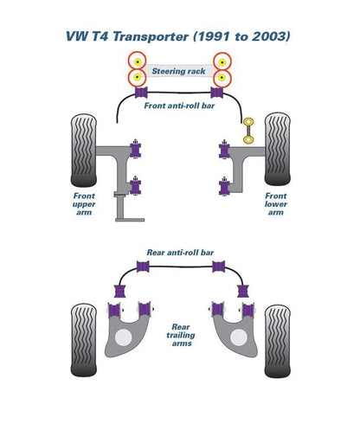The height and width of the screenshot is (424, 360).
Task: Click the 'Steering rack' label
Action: pos(178,71)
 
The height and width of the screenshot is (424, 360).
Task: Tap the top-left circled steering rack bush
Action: pos(138,61)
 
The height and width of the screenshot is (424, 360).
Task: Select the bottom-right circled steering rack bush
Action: pos(222,78)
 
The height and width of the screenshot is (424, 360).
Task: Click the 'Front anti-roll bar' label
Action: pos(179,106)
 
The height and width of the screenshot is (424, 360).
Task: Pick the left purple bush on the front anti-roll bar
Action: pos(141,93)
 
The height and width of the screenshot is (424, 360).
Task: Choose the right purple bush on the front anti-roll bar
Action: pos(217,93)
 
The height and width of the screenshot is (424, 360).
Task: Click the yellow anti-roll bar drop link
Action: pos(248,131)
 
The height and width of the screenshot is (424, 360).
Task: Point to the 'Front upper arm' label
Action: pos(84,204)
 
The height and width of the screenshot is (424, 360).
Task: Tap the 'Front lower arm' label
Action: pos(276,204)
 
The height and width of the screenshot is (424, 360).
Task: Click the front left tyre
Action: pos(84,151)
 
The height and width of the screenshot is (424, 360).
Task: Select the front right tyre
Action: pos(277,149)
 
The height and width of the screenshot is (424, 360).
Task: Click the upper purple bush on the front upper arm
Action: pos(135,149)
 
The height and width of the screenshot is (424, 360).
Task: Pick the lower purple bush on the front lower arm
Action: pos(224,186)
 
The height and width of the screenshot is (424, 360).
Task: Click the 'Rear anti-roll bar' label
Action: pos(180,253)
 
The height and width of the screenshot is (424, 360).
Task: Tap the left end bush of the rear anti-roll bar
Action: pos(119,291)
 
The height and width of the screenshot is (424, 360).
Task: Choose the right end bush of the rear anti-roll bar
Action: pos(243,291)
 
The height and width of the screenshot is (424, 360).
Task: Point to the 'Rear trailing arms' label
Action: pos(181,335)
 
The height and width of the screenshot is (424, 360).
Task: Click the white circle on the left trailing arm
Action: pos(123,337)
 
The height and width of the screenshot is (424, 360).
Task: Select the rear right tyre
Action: pos(278,341)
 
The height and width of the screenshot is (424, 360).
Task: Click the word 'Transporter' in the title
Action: pos(151,36)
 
